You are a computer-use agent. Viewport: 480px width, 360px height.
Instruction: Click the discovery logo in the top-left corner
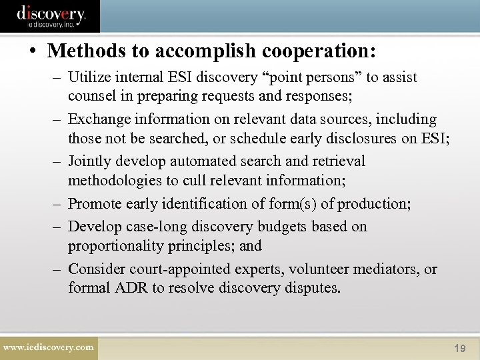(x=51, y=15)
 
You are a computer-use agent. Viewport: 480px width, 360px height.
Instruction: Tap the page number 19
(x=459, y=349)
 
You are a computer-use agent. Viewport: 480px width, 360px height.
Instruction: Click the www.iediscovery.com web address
(x=49, y=347)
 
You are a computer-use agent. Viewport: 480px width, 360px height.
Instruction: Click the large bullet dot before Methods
(x=34, y=51)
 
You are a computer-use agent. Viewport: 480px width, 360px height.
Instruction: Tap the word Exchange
(x=99, y=119)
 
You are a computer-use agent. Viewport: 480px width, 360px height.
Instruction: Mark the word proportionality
(x=114, y=246)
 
